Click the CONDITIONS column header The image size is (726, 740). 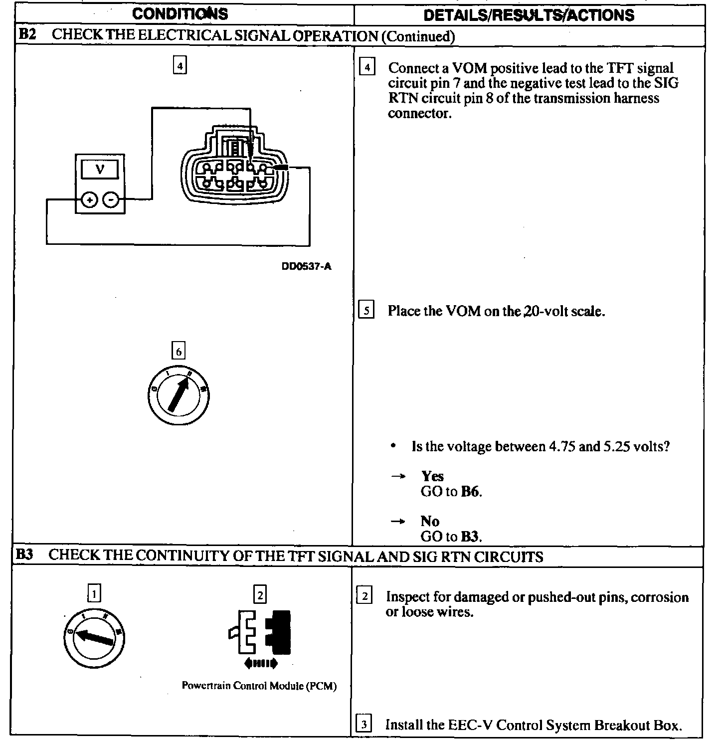tap(180, 14)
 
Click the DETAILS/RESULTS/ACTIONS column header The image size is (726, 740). tap(529, 15)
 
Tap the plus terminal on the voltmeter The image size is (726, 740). tap(89, 200)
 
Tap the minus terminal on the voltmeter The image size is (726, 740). tap(111, 200)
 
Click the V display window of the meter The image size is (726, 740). tap(100, 170)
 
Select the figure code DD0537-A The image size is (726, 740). tap(306, 267)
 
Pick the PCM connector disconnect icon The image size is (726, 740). tap(259, 638)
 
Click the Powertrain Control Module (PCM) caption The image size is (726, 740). tap(259, 686)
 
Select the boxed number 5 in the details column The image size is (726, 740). tap(366, 311)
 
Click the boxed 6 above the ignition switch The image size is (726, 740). tap(179, 351)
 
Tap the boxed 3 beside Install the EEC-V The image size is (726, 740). tap(364, 724)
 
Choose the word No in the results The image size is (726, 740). tap(430, 521)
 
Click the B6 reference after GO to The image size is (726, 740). tap(470, 492)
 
